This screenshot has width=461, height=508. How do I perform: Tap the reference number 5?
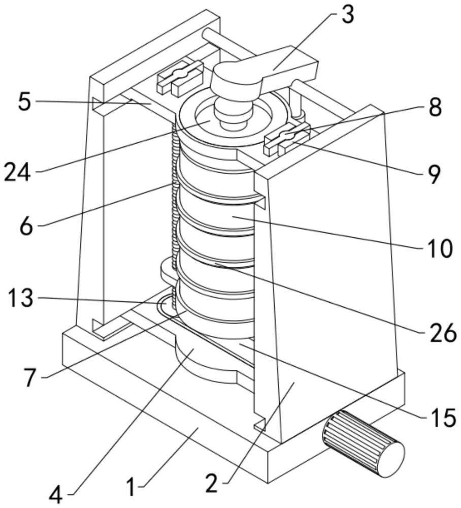[x=24, y=101]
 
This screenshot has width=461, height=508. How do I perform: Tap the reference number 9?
[x=429, y=174]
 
